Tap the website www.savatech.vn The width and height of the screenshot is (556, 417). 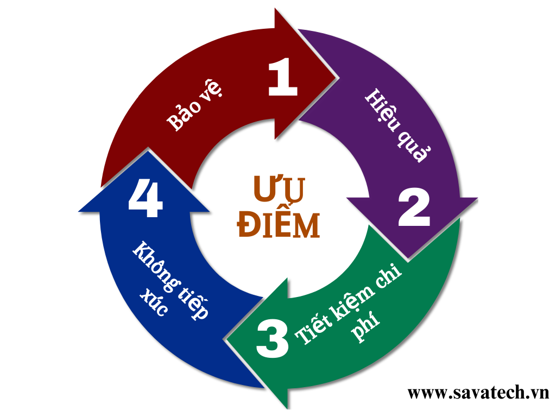[478, 392]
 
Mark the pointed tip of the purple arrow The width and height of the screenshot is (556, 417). [414, 256]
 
